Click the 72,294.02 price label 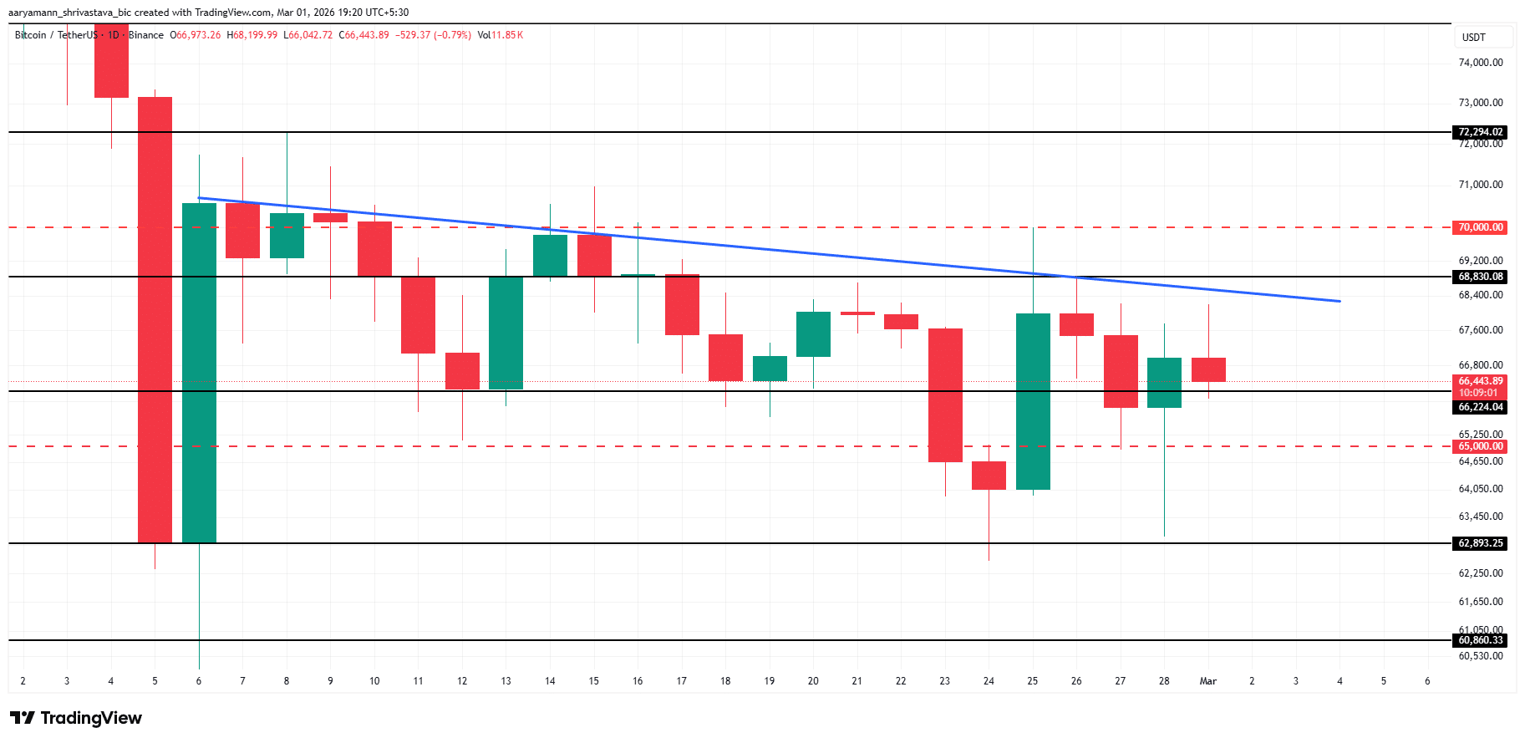click(1480, 132)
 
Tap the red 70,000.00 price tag click(1480, 227)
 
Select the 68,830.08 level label click(1480, 277)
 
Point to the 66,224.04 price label click(1480, 407)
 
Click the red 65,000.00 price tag click(1480, 446)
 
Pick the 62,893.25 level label click(1480, 543)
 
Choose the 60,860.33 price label click(1480, 640)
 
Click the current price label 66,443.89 click(1480, 381)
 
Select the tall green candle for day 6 click(199, 373)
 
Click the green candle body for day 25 click(1033, 401)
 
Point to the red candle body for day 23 click(945, 394)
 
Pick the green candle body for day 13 click(506, 333)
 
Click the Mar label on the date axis click(1207, 681)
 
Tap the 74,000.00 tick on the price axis click(1480, 63)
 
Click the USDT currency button click(1474, 38)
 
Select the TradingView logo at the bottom click(76, 718)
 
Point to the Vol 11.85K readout click(500, 35)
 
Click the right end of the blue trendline click(1339, 301)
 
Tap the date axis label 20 click(813, 681)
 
